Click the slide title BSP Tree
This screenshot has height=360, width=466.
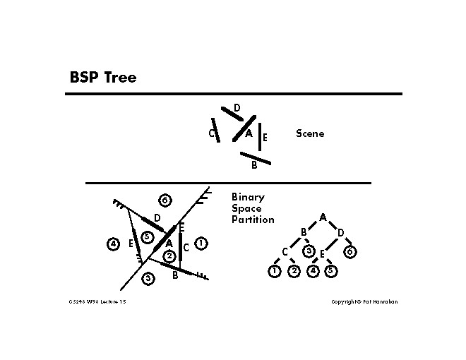coord(103,77)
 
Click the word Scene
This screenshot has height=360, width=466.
coord(310,133)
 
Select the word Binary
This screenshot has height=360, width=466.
coord(248,198)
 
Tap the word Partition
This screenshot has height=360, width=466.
coord(253,220)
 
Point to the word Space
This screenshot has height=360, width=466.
coord(246,209)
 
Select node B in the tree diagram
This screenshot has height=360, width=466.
coord(303,232)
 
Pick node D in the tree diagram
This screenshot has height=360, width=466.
coord(340,232)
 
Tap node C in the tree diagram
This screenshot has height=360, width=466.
coord(285,251)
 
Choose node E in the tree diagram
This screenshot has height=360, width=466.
coord(322,253)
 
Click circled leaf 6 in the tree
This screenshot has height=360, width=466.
coord(349,251)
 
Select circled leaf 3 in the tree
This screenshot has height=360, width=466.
coord(309,251)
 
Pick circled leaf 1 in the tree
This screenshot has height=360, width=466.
coord(275,270)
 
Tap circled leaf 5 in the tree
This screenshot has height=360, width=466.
coord(331,270)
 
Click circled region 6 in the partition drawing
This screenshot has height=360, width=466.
coord(165,200)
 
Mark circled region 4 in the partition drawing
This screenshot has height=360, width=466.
coord(113,244)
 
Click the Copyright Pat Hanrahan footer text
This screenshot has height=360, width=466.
coord(364,302)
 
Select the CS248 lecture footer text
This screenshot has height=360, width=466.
coord(88,302)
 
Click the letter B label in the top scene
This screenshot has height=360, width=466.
coord(254,167)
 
